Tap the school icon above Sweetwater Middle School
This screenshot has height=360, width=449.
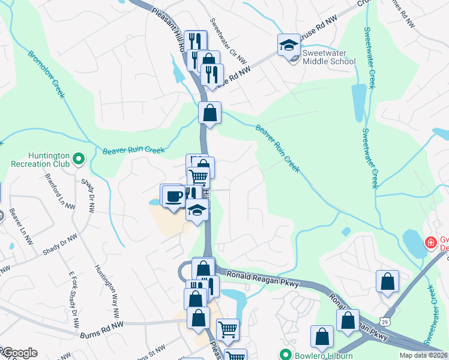(289, 45)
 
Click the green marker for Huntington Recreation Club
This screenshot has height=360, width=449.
(79, 159)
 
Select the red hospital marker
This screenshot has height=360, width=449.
(430, 243)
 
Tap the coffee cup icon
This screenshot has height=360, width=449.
(174, 196)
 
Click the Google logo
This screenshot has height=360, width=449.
(19, 353)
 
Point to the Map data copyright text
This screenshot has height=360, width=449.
(423, 355)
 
